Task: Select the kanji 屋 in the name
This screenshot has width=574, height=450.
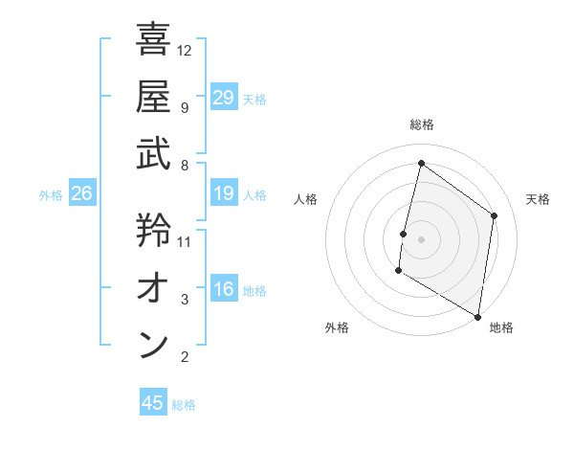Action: pyautogui.click(x=153, y=96)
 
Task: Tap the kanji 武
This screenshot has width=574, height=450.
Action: pyautogui.click(x=153, y=153)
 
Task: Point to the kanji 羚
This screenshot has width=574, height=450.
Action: pyautogui.click(x=153, y=230)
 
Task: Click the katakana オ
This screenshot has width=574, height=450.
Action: pyautogui.click(x=153, y=287)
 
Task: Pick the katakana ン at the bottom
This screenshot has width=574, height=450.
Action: pyautogui.click(x=153, y=345)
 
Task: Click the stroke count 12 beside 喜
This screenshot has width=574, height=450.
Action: pyautogui.click(x=185, y=50)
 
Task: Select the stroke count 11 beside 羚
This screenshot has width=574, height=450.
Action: pyautogui.click(x=185, y=241)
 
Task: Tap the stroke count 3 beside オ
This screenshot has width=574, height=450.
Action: pyautogui.click(x=185, y=300)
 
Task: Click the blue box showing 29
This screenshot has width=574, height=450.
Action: pyautogui.click(x=224, y=98)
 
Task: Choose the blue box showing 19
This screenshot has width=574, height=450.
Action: pyautogui.click(x=224, y=194)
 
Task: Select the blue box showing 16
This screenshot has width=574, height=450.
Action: pyautogui.click(x=224, y=290)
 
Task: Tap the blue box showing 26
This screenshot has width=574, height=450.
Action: pyautogui.click(x=81, y=194)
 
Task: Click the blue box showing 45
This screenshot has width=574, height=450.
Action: pyautogui.click(x=153, y=403)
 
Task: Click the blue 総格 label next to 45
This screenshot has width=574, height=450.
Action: pyautogui.click(x=184, y=405)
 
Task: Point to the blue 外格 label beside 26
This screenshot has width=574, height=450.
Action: pyautogui.click(x=51, y=195)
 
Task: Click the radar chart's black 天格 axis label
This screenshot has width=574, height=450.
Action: pyautogui.click(x=538, y=199)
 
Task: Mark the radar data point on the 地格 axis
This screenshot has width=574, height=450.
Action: pyautogui.click(x=477, y=316)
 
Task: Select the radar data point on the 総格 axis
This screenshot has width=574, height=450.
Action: pyautogui.click(x=421, y=164)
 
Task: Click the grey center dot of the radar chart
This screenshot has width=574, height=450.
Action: pyautogui.click(x=421, y=239)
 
